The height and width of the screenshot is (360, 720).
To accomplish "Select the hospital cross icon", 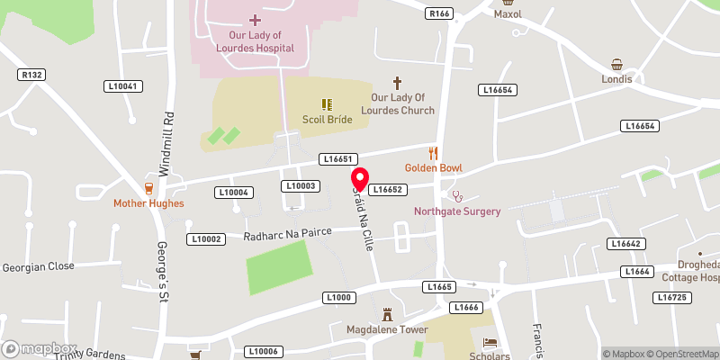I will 255,19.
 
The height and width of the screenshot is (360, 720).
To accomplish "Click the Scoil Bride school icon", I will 327,104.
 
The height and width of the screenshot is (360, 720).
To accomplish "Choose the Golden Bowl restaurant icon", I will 433,153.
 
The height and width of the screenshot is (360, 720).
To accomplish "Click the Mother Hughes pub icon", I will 148,188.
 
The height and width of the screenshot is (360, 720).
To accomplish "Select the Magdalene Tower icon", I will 388,315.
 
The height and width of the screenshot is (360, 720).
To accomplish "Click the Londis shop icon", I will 616,65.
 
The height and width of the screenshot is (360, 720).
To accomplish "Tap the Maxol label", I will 508,14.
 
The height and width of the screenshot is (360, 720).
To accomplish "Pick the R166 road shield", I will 439,13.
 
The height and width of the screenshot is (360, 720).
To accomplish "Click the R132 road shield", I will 32,75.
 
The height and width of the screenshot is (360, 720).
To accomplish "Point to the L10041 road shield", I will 123,86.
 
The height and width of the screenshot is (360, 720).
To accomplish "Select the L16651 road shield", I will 339,158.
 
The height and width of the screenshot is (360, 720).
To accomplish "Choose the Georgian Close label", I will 38,266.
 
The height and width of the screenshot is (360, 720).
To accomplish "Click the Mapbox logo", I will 40,348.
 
